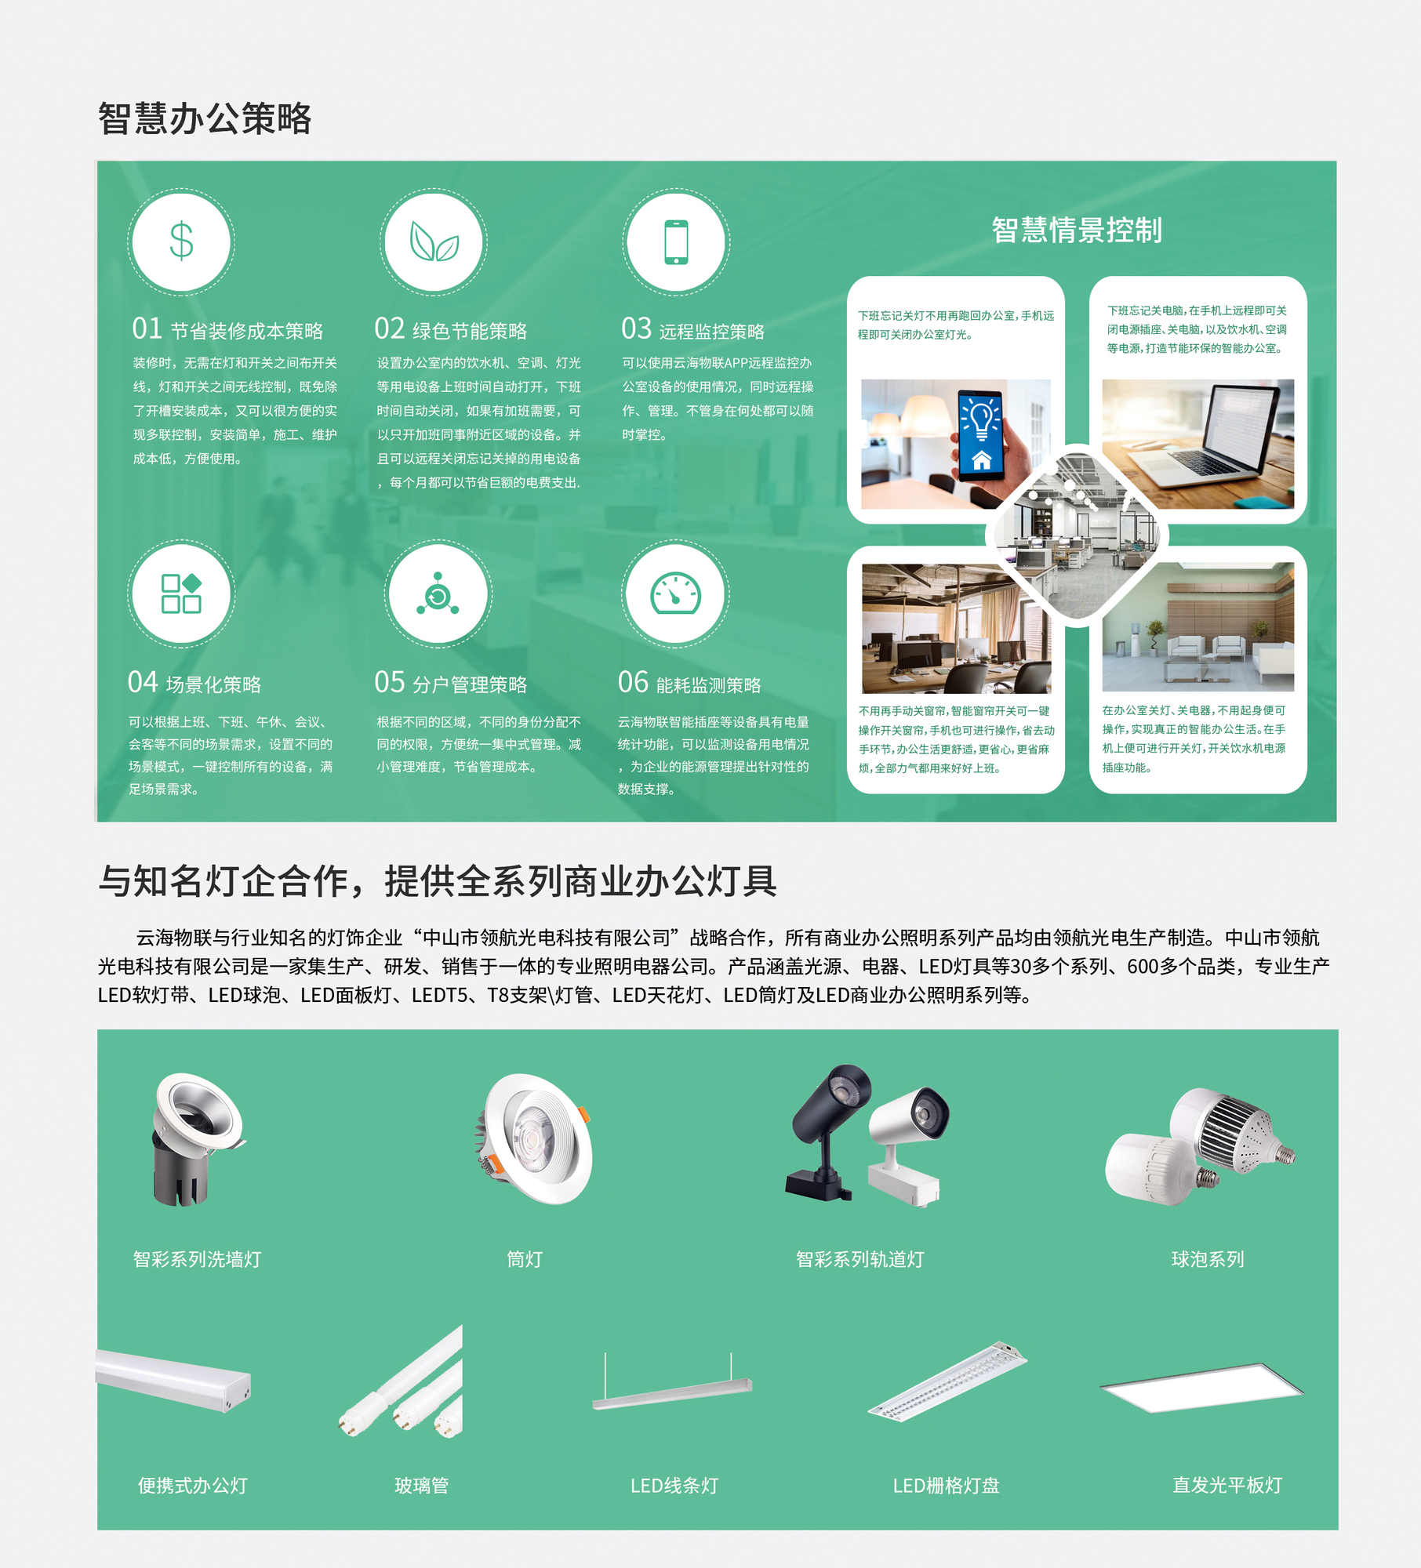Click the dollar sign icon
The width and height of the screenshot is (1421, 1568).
coord(181,241)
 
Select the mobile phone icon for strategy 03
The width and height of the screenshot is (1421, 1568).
coord(676,242)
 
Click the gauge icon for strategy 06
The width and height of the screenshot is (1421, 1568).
coord(675,593)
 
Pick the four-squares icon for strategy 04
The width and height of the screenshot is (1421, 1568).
coord(181,593)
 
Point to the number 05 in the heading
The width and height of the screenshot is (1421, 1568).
coord(390,682)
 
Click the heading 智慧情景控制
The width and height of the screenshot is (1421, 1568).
coord(1076,230)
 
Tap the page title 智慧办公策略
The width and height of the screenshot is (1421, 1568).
coord(205,119)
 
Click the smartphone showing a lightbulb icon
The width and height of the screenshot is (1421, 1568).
coord(981,434)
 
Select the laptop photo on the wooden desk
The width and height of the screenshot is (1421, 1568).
coord(1197,443)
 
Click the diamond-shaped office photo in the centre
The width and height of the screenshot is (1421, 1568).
coord(1077,535)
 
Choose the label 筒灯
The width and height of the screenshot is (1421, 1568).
coord(525,1259)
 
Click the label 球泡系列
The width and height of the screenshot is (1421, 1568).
coord(1207,1259)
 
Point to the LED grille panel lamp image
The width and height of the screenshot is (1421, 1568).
coord(947,1382)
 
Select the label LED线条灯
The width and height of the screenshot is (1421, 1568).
coord(674,1485)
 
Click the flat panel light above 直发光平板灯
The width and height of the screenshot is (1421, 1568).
coord(1201,1388)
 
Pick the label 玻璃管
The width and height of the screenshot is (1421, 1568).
coord(421,1485)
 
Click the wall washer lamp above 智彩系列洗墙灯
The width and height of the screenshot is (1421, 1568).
coord(196,1137)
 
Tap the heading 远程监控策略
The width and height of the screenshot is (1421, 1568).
coord(711,332)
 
